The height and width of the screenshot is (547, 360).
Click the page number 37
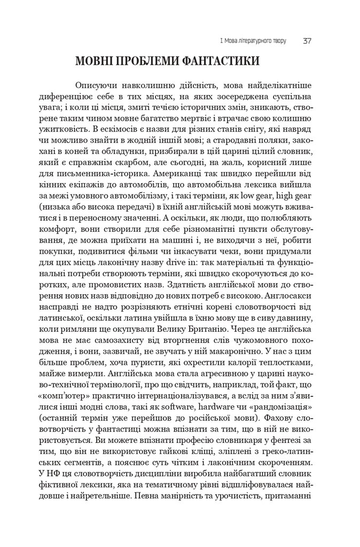tap(308, 41)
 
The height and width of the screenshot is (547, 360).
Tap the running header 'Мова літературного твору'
tap(256, 41)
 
